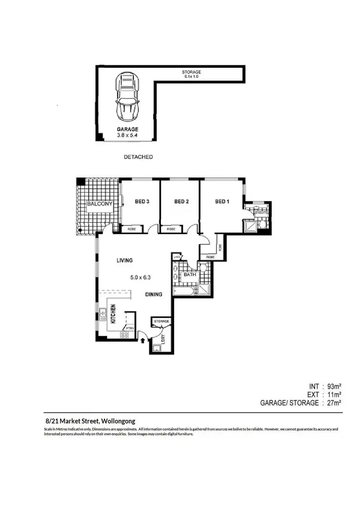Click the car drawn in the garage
(127, 99)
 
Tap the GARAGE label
(128, 130)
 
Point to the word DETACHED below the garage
(138, 157)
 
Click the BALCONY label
(99, 204)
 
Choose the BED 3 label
(142, 202)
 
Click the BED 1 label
(222, 202)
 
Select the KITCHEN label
(114, 314)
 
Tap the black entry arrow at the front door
(143, 341)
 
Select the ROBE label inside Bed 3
(132, 230)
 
